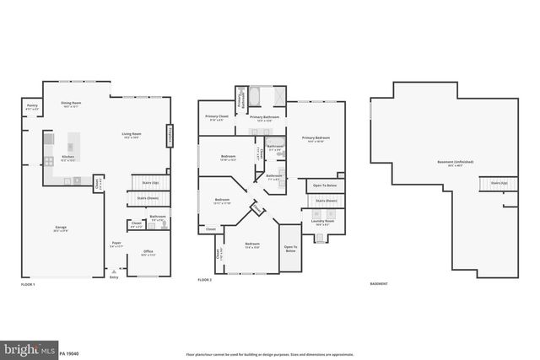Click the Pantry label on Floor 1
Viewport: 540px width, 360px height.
click(31, 108)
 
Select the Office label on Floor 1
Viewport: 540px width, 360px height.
click(147, 251)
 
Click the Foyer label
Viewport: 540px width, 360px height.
click(116, 244)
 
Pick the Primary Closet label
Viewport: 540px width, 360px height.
click(217, 117)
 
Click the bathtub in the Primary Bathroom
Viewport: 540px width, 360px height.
click(256, 95)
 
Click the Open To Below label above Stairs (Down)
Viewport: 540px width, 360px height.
click(325, 185)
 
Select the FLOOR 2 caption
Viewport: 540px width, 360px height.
click(205, 280)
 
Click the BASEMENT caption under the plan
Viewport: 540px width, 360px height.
click(379, 283)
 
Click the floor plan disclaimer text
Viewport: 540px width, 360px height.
click(270, 353)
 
